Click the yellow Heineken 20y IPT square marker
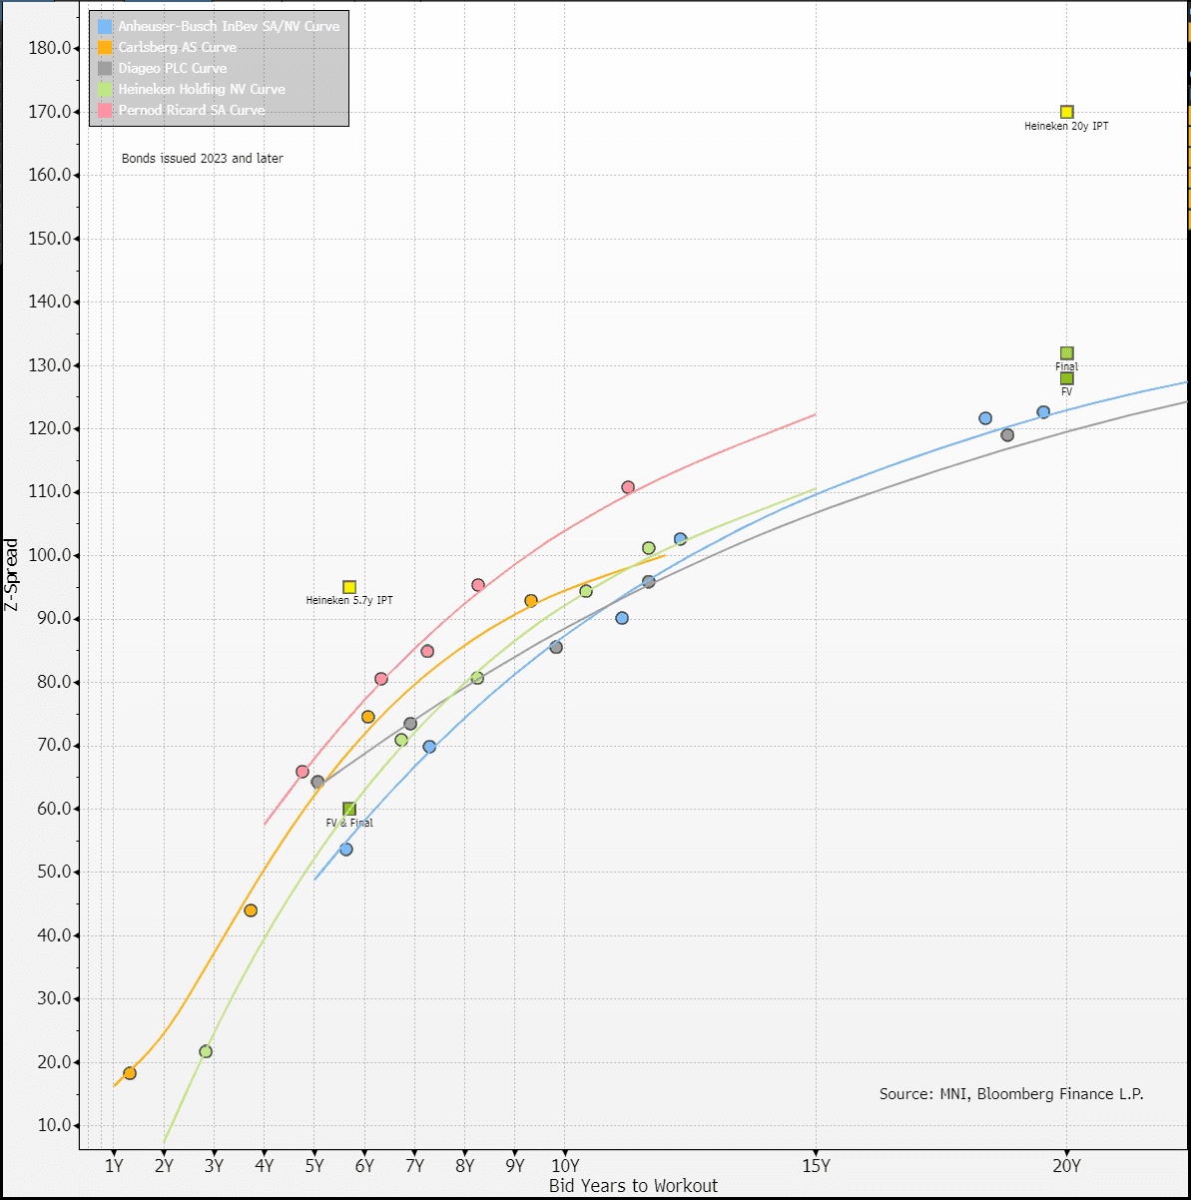point(1066,112)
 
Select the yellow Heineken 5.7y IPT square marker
point(349,587)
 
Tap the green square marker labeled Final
point(1066,353)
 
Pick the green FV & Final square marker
point(349,809)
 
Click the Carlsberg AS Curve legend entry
point(177,47)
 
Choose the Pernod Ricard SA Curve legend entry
point(191,110)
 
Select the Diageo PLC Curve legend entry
point(172,68)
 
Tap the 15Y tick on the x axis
point(816,1165)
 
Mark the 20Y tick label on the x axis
point(1066,1165)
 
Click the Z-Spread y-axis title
point(12,574)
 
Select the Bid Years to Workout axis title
point(633,1186)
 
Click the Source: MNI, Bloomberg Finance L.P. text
point(1010,1094)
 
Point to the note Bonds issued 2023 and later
point(202,159)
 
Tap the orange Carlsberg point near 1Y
point(129,1073)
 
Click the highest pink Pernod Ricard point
point(628,487)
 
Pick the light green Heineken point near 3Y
point(206,1051)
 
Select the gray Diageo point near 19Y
point(1006,434)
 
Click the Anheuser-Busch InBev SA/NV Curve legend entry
point(229,26)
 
